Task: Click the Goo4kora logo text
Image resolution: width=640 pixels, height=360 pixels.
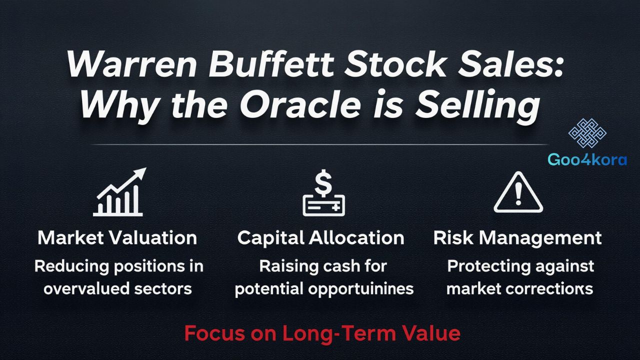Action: [x=587, y=160]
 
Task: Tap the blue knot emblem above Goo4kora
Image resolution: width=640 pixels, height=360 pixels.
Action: [x=587, y=133]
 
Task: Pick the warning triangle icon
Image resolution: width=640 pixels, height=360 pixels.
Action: [x=518, y=193]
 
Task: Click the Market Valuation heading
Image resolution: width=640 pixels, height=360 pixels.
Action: [x=117, y=238]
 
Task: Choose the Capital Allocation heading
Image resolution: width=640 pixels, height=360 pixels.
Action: [x=320, y=238]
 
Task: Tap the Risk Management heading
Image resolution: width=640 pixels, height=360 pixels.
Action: [x=517, y=238]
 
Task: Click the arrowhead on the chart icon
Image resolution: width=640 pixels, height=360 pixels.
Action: [x=140, y=173]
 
